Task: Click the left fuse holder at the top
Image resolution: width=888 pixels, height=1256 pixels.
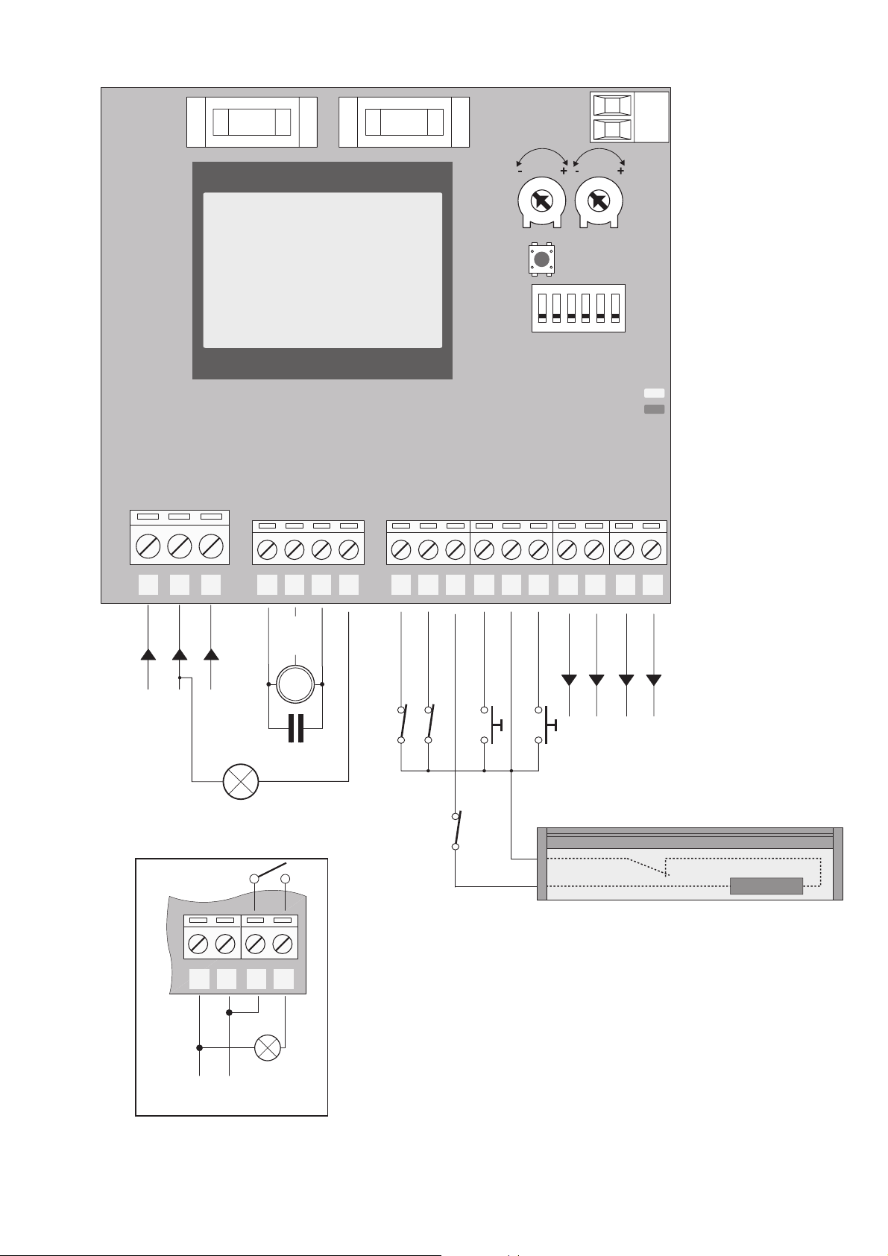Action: [x=251, y=121]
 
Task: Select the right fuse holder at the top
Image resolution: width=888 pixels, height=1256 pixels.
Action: [x=404, y=121]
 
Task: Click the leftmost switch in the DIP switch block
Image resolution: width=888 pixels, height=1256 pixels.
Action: [x=542, y=308]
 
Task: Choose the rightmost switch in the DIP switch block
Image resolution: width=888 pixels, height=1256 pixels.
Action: [x=615, y=308]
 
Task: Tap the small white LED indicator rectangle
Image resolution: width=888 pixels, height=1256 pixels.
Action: [x=654, y=393]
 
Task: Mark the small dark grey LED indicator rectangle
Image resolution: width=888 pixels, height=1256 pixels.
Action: [x=654, y=409]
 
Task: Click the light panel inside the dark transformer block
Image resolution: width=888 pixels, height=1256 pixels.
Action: [x=323, y=270]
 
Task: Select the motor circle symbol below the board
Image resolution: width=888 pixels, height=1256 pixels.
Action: [x=296, y=684]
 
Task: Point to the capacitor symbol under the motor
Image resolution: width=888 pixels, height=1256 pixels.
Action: [x=296, y=728]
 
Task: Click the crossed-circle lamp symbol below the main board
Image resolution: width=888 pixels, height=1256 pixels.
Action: [x=241, y=781]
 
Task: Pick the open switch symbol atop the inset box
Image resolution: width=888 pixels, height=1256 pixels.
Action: [x=269, y=874]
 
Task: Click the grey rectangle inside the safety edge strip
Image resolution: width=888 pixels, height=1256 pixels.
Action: [x=766, y=886]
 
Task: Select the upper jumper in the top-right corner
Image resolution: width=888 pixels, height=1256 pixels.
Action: [x=612, y=105]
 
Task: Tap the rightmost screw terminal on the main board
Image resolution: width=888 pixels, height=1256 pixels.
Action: [x=652, y=550]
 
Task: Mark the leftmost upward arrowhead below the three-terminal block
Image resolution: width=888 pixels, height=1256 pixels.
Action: [x=148, y=654]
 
